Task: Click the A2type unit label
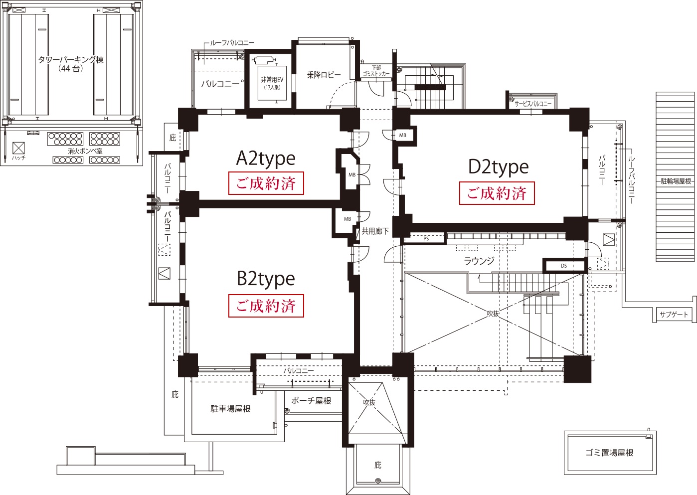(266, 160)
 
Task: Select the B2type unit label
(266, 279)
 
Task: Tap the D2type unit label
(498, 167)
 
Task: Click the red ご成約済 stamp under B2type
(266, 306)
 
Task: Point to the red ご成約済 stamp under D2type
(497, 193)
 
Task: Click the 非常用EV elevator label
(272, 80)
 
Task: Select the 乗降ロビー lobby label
(324, 75)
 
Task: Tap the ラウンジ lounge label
(479, 261)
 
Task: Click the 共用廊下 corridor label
(375, 231)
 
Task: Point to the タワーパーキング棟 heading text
(71, 59)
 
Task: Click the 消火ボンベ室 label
(85, 151)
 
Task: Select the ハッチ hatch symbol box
(18, 148)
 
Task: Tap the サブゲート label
(674, 314)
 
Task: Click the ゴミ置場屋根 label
(610, 453)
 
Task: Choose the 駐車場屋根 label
(230, 409)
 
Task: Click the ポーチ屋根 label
(311, 401)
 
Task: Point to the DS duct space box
(564, 265)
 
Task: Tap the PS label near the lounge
(426, 239)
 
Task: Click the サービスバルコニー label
(533, 104)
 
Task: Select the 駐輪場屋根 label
(676, 181)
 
